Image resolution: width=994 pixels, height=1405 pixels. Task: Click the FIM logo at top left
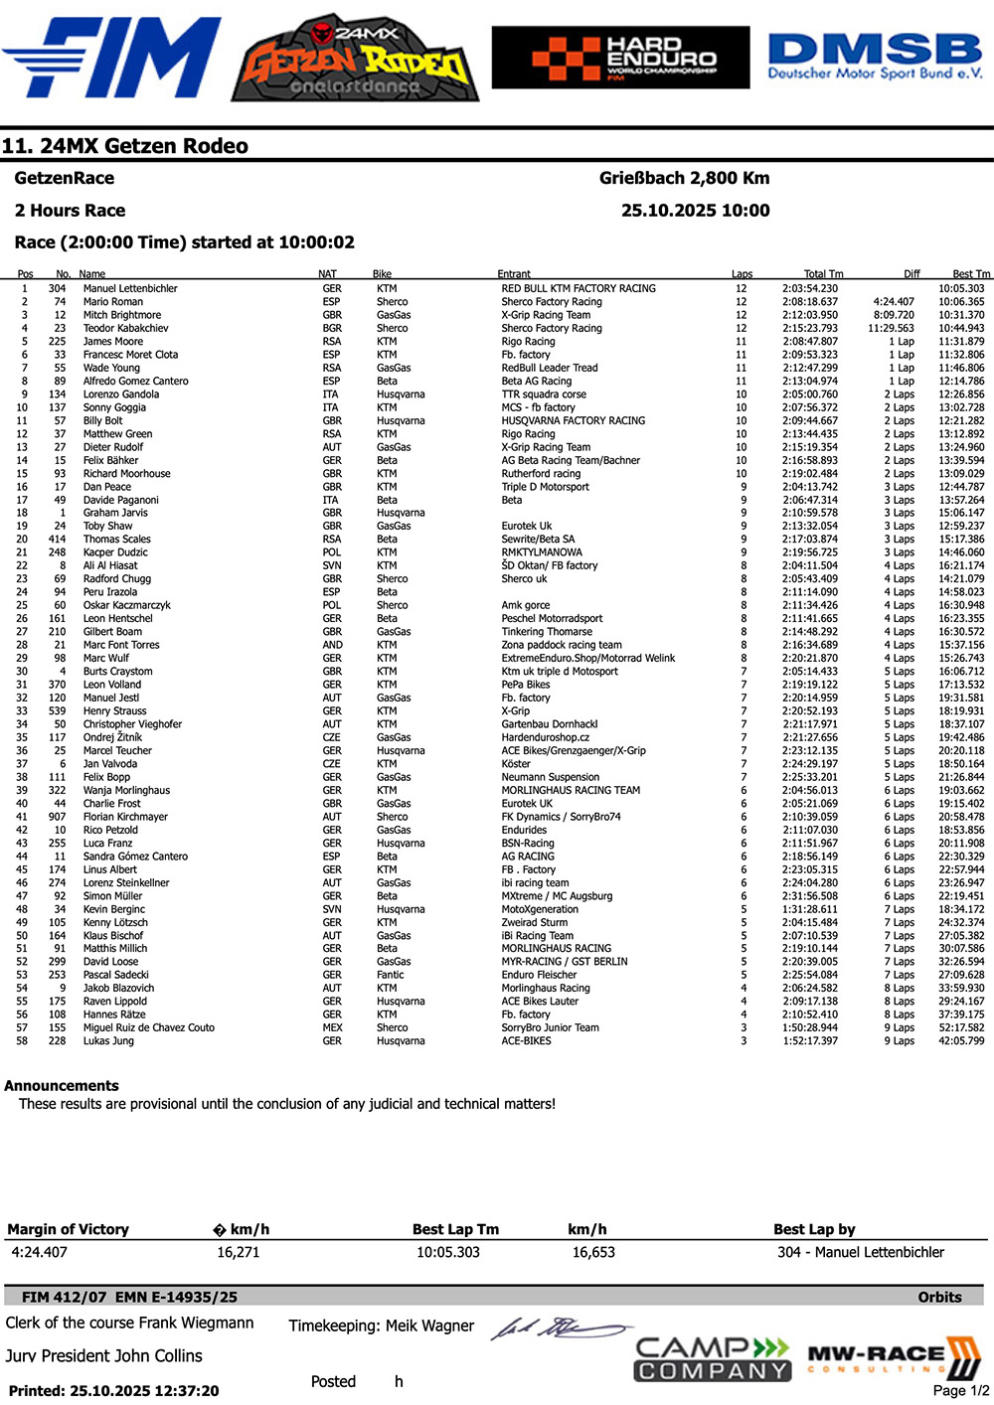point(111,58)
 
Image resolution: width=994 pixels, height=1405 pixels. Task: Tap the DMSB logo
point(875,57)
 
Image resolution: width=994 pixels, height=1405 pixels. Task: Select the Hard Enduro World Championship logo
point(620,58)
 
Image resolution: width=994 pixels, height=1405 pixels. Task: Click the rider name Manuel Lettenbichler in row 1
point(130,289)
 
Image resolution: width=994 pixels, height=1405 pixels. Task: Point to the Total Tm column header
point(823,274)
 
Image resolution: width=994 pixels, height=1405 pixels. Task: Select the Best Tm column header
point(970,274)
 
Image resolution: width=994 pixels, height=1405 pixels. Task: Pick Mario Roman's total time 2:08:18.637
point(809,302)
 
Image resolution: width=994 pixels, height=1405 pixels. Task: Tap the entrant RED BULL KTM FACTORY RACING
point(579,289)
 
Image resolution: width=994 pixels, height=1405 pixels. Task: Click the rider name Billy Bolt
point(103,421)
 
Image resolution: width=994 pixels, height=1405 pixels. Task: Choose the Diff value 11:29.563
point(891,328)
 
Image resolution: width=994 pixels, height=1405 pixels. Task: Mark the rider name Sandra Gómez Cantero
point(135,857)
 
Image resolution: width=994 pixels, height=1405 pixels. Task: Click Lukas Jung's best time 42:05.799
point(961,1041)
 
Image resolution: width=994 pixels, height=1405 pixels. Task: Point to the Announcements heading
point(62,1086)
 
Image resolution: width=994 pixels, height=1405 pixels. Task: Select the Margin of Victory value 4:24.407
point(40,1252)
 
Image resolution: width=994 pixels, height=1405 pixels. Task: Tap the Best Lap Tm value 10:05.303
point(448,1252)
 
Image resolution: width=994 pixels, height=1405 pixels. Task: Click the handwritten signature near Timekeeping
point(560,1328)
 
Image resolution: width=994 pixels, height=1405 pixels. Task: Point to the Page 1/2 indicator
point(961,1390)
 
